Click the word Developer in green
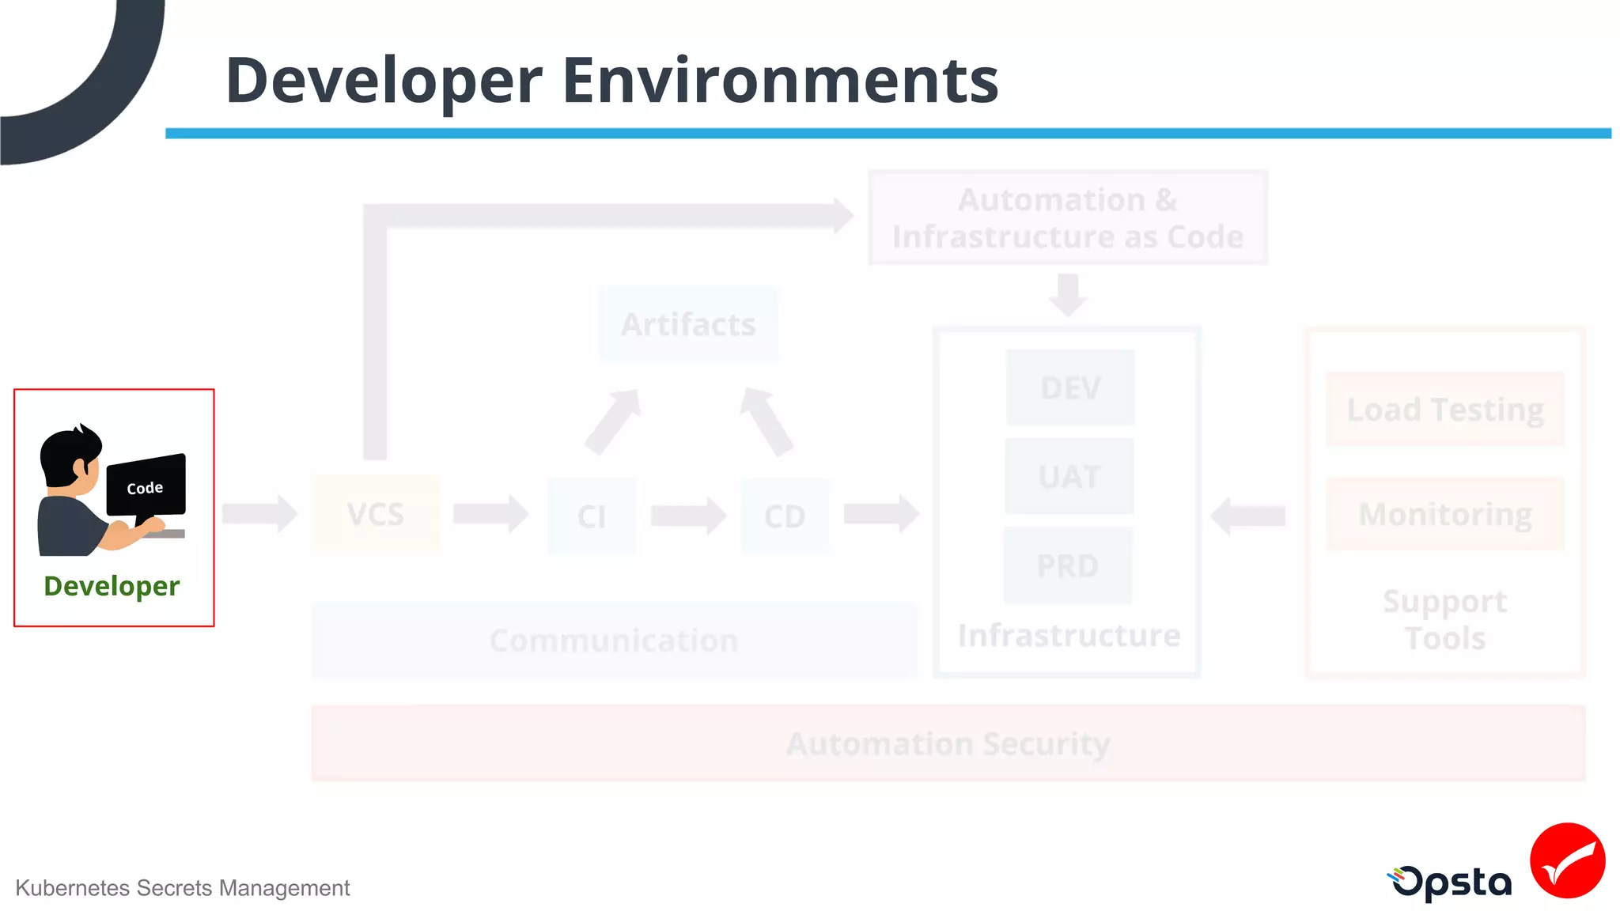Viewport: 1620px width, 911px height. point(112,586)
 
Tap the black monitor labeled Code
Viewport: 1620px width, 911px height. point(146,486)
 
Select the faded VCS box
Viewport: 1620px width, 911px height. point(376,514)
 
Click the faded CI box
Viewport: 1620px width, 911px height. point(592,516)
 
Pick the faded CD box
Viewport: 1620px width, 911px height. point(785,516)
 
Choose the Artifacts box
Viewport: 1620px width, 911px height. point(688,324)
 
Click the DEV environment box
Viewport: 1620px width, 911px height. point(1070,387)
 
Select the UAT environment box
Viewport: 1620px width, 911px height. point(1069,476)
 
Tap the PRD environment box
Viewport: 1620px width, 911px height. point(1068,565)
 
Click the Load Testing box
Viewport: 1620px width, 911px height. point(1445,410)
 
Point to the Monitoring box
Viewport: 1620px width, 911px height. point(1445,514)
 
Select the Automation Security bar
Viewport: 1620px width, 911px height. point(948,743)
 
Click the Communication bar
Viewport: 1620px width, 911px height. point(614,641)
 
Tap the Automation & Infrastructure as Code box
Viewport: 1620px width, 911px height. point(1068,217)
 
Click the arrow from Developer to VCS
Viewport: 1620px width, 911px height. point(259,514)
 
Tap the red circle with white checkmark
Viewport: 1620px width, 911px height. point(1567,860)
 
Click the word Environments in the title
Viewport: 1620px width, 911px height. point(780,81)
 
